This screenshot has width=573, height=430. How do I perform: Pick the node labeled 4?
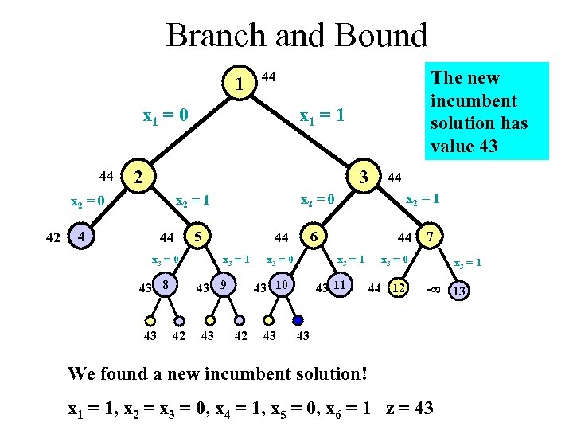(x=79, y=236)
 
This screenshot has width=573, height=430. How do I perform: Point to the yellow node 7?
(x=431, y=236)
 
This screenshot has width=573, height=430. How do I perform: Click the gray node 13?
(x=458, y=291)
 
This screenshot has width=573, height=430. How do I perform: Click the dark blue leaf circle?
(x=298, y=321)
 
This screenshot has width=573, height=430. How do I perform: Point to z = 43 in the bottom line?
(x=409, y=408)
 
